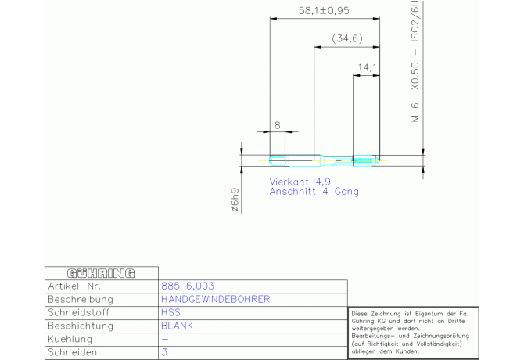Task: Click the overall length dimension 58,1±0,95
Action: point(323,12)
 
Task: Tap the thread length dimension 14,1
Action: point(365,68)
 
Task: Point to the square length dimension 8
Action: point(278,125)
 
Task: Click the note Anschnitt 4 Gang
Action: point(314,191)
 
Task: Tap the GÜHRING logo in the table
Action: point(101,274)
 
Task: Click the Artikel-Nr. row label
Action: point(76,286)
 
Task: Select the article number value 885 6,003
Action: point(188,286)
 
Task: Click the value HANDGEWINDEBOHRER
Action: point(216,300)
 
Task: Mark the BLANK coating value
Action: point(177,326)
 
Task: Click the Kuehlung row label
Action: point(70,339)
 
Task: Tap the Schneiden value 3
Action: point(164,352)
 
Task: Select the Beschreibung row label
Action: point(81,300)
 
